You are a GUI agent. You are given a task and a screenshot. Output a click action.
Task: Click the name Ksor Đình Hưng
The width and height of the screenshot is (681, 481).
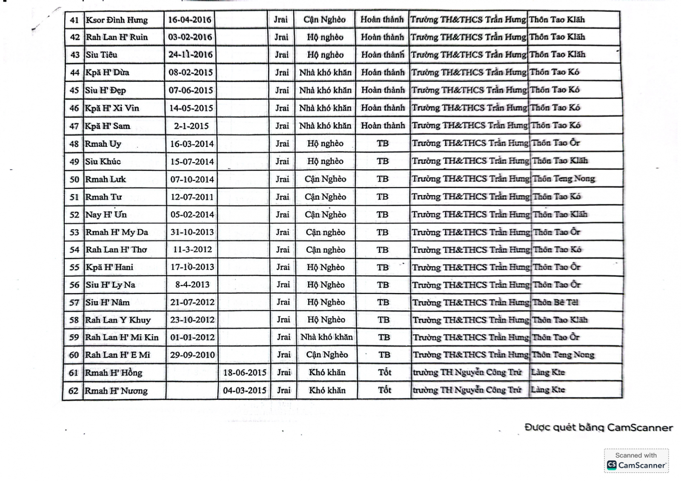(x=117, y=20)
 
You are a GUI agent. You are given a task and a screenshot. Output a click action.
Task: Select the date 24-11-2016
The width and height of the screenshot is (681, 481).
(x=190, y=55)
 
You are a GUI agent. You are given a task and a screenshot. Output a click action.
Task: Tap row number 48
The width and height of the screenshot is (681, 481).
(x=74, y=144)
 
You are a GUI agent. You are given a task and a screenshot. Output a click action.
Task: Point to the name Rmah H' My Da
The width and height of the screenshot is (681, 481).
(x=117, y=232)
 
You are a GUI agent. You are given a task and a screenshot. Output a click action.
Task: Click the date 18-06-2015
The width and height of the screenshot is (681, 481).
(x=244, y=373)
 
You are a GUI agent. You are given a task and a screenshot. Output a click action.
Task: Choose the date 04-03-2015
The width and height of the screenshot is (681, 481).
(x=244, y=390)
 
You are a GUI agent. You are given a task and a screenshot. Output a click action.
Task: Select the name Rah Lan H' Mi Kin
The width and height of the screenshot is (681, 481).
(x=122, y=337)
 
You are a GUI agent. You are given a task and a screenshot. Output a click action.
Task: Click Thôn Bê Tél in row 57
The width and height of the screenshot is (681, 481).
(x=555, y=302)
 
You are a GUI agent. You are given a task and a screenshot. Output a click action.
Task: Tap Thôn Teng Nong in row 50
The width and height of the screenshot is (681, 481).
(x=564, y=179)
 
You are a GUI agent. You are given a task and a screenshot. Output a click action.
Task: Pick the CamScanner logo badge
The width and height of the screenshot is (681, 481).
(x=636, y=461)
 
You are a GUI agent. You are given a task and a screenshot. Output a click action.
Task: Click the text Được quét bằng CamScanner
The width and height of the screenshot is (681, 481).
(x=598, y=427)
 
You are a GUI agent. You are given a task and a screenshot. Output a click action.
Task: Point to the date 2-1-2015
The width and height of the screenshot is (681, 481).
(x=191, y=126)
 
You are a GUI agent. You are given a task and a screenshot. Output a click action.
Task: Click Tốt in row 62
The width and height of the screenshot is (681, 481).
(x=384, y=390)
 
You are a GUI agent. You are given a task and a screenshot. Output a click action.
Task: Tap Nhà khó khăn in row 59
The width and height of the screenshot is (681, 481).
(x=326, y=337)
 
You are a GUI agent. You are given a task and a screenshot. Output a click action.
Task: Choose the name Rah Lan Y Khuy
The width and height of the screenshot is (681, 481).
(x=118, y=320)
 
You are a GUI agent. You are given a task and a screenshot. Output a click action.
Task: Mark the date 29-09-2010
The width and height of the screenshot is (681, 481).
(x=192, y=355)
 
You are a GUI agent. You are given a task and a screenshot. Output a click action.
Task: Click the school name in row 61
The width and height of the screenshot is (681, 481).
(x=467, y=373)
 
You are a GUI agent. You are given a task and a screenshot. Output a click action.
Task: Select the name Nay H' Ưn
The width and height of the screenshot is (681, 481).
(x=106, y=215)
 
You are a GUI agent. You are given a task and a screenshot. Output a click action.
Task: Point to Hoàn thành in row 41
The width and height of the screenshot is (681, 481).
(x=382, y=20)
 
